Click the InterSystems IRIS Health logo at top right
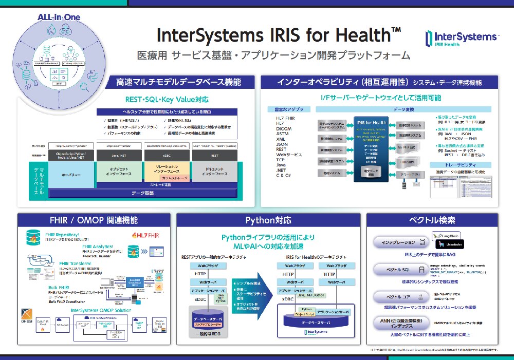click(461, 39)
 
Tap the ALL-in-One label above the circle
click(59, 17)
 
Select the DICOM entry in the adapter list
click(284, 129)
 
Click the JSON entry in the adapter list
click(282, 144)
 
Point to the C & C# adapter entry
click(283, 175)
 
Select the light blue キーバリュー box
click(71, 174)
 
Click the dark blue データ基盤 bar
click(142, 193)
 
